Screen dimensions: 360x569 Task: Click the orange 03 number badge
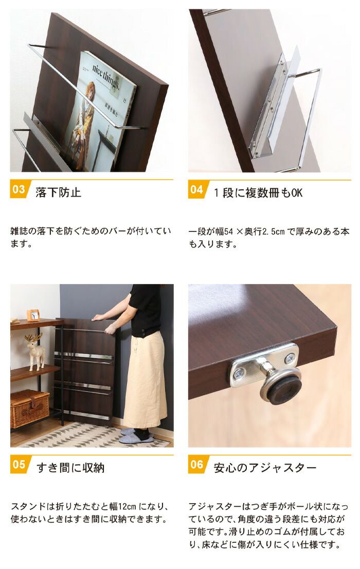19,189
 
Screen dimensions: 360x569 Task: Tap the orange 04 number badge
196,189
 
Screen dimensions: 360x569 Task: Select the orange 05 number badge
19,465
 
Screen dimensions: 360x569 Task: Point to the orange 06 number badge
196,465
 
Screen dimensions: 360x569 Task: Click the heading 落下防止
59,192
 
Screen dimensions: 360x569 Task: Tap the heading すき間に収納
70,468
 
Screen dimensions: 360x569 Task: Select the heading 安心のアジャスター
265,468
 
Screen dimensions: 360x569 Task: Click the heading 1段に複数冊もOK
258,193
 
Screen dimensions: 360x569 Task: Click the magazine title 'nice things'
105,77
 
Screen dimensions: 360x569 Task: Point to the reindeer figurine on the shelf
35,351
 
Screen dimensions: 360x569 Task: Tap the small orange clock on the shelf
33,315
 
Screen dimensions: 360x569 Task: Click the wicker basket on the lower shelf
30,408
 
